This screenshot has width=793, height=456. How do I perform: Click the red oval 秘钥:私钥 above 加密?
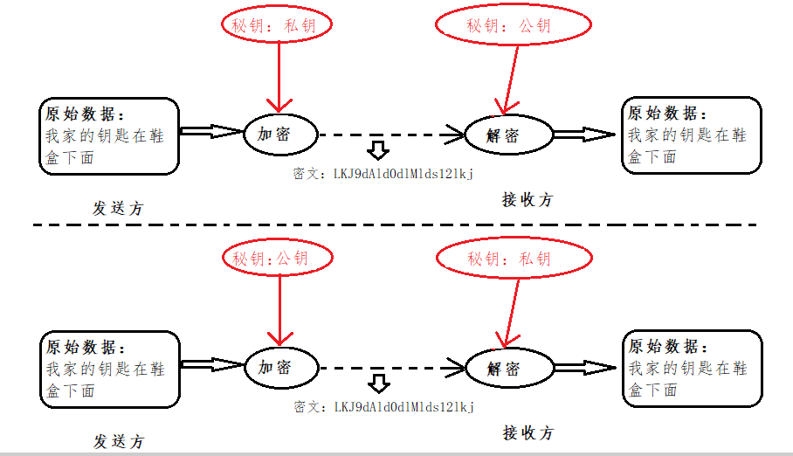(x=279, y=25)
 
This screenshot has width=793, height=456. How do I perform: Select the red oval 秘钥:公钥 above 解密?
(x=509, y=25)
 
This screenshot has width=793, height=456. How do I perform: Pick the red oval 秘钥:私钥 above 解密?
(x=509, y=259)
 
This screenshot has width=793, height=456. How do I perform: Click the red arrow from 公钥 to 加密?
(x=279, y=310)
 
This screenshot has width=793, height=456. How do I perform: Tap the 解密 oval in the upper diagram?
(x=507, y=135)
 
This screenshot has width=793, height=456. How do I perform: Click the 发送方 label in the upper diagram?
(x=118, y=209)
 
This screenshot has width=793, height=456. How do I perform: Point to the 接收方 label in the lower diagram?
(x=528, y=432)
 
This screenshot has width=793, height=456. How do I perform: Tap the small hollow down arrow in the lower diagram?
(x=377, y=383)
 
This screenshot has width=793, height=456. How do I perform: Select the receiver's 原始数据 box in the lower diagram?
(x=691, y=368)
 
